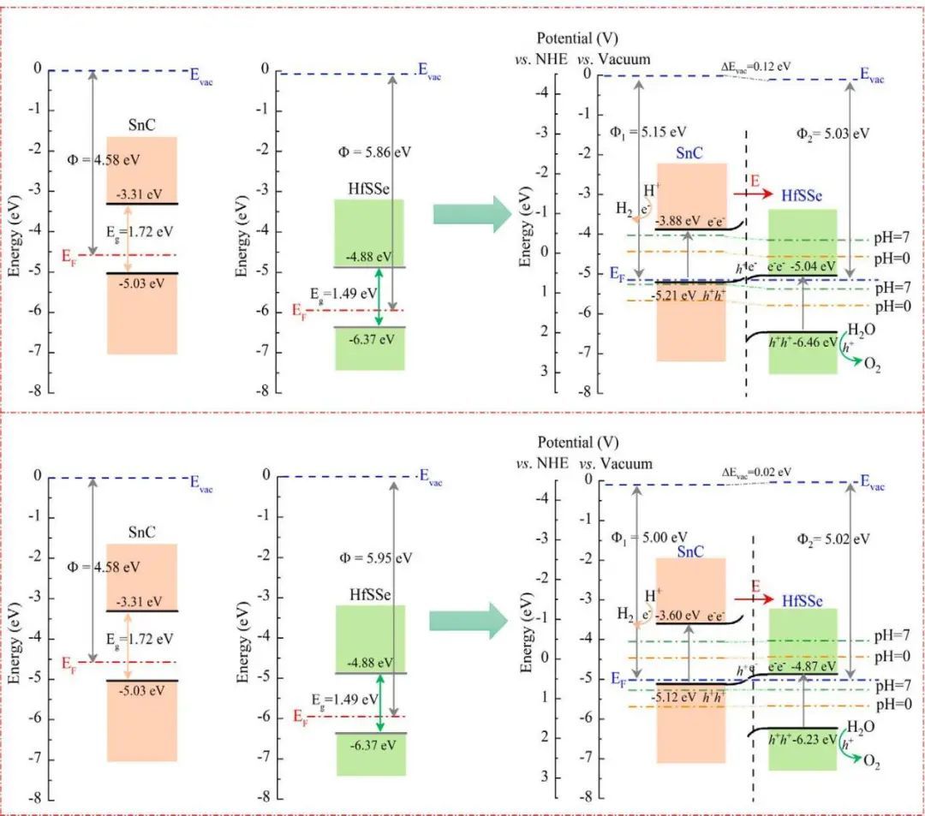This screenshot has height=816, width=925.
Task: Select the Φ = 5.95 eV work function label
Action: click(x=375, y=557)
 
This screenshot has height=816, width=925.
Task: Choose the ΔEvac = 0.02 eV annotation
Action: click(x=757, y=471)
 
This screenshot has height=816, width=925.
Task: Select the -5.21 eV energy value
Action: click(x=676, y=295)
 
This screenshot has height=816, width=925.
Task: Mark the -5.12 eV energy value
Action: click(x=676, y=697)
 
